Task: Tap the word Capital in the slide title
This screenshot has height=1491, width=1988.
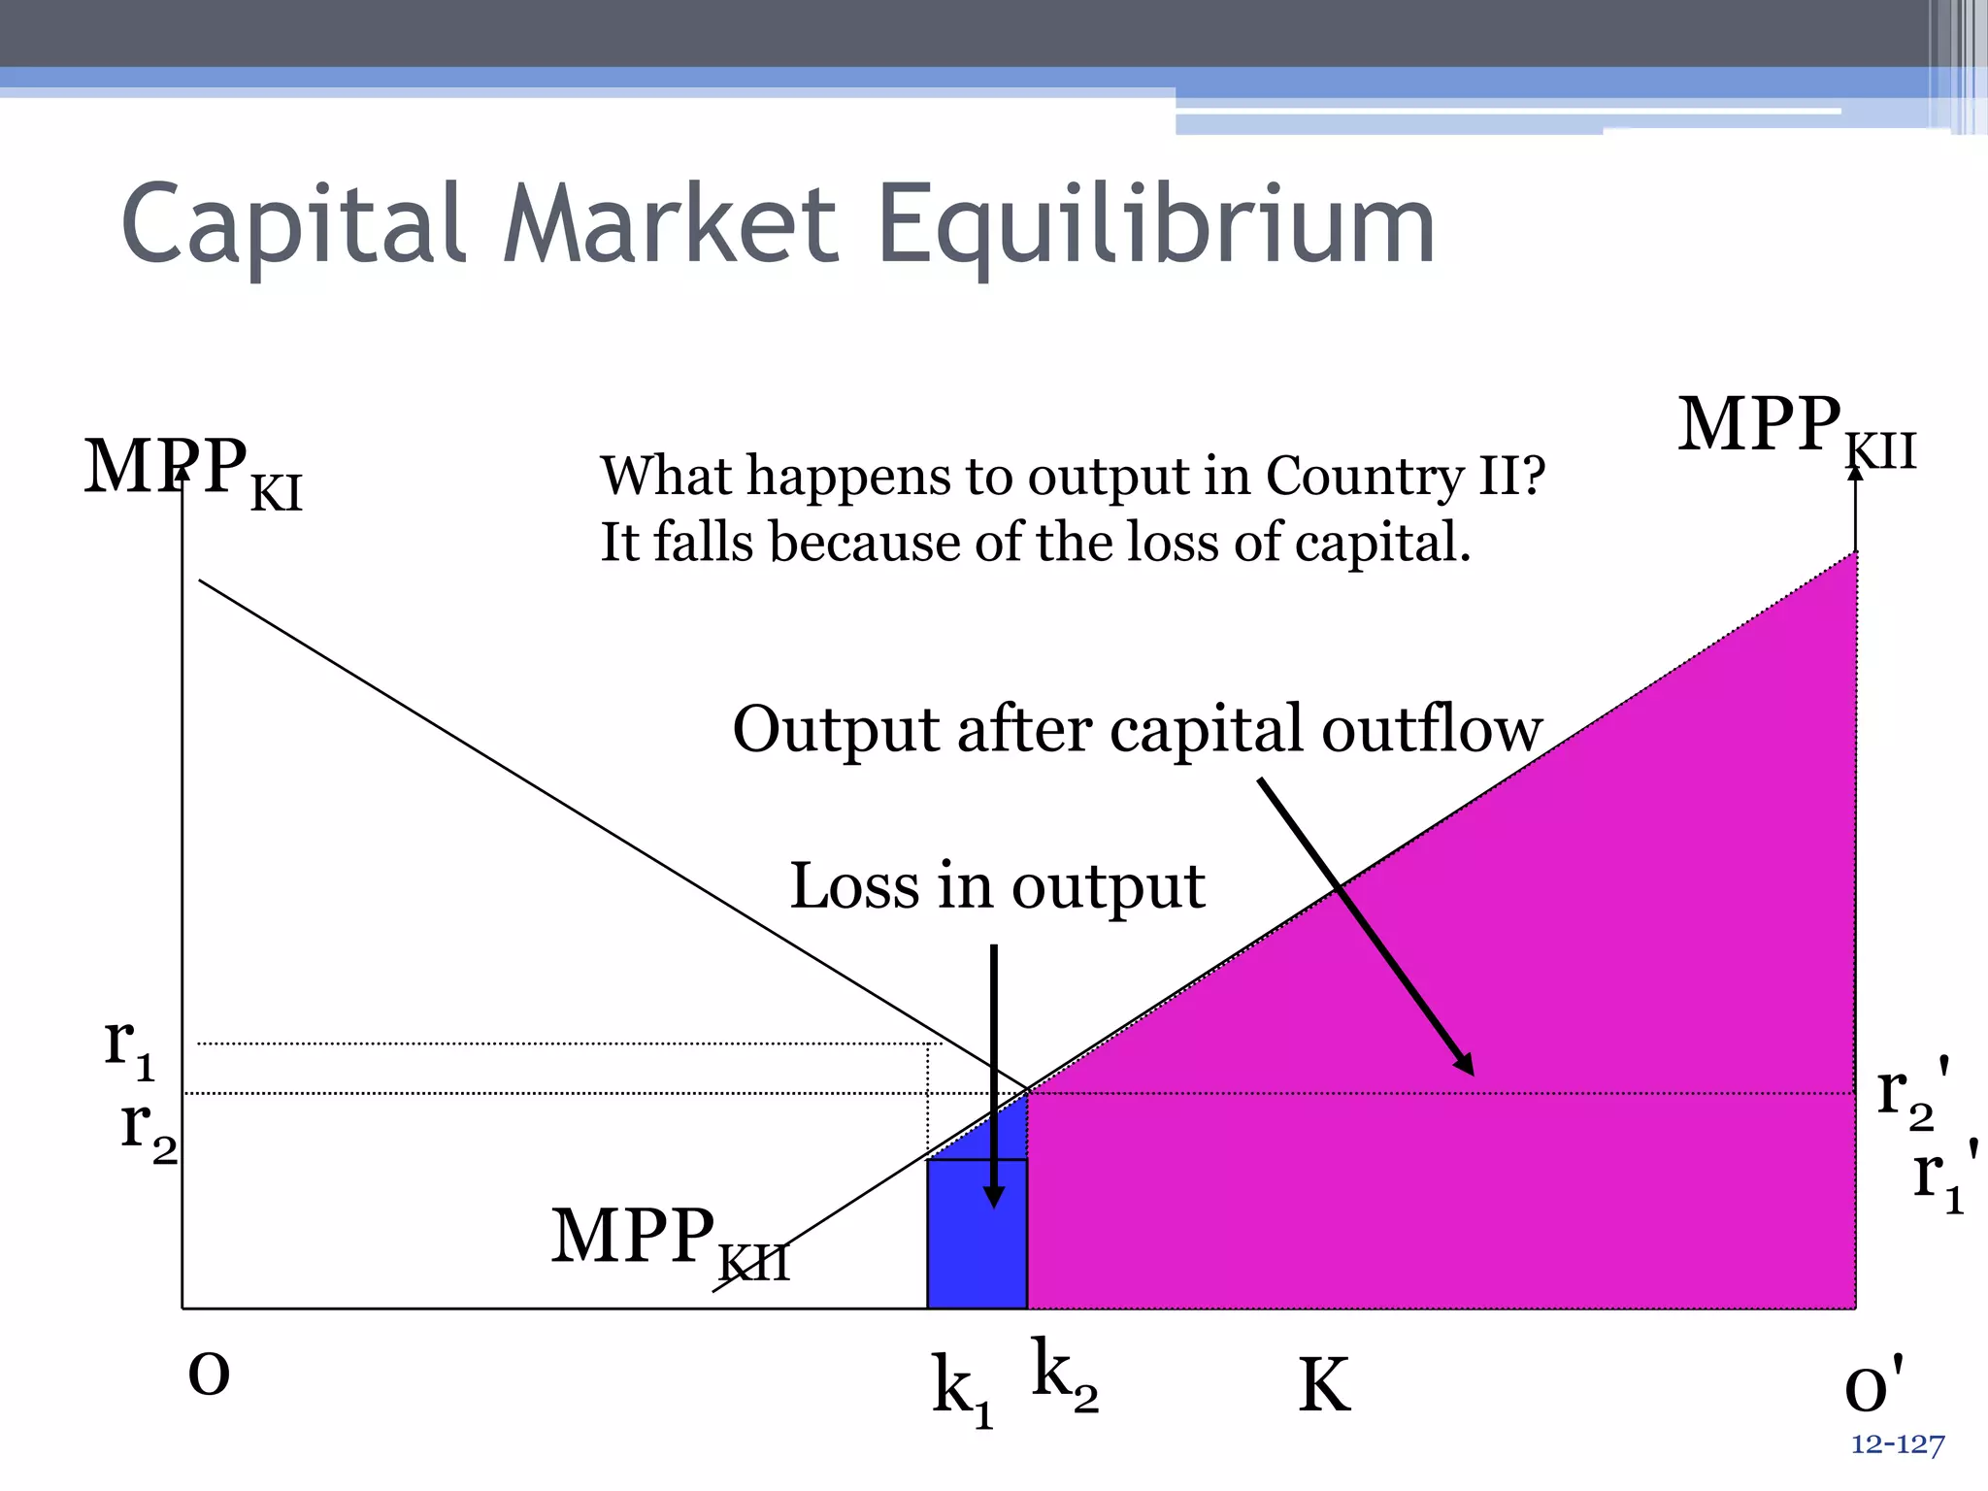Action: (x=291, y=225)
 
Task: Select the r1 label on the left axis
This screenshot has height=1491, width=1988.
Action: (x=129, y=1048)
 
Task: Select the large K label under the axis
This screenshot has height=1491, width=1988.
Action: (x=1324, y=1386)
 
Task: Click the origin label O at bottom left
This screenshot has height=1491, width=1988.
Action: (x=209, y=1375)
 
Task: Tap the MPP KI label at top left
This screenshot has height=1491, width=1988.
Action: (x=192, y=472)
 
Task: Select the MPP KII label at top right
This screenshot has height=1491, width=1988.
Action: (x=1796, y=429)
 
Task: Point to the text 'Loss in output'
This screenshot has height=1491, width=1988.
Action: (x=997, y=886)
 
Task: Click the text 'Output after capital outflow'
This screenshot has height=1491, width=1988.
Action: (x=1137, y=730)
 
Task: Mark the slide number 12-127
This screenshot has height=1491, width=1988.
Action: (x=1898, y=1445)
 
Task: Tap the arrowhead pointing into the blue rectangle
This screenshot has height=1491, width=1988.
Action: (x=994, y=1196)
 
